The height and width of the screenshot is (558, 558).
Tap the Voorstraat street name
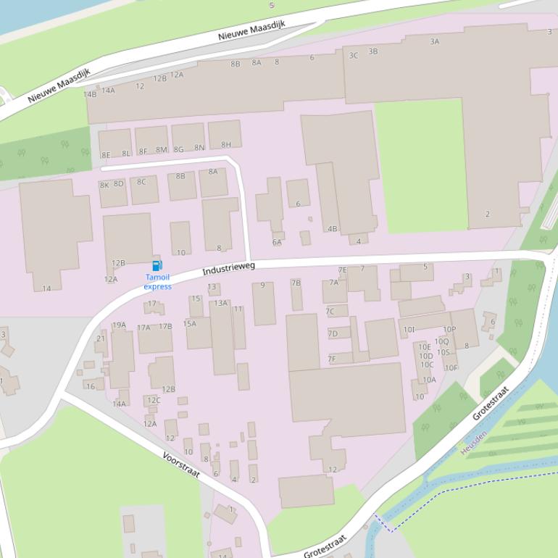181,464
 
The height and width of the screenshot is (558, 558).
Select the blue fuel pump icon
157,266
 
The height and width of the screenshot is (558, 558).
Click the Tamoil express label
158,282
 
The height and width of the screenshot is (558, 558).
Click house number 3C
354,55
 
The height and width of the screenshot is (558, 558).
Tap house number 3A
434,42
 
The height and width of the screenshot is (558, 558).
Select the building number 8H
226,145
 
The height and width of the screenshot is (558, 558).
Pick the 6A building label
277,242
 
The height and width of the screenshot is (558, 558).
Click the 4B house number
332,229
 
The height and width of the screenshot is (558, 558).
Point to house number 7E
342,270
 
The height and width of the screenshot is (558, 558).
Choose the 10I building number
409,330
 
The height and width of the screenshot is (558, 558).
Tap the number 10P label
449,330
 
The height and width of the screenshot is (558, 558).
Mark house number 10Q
441,341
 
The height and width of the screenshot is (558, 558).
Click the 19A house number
119,325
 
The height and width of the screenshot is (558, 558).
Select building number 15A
190,324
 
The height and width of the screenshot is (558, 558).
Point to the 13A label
221,304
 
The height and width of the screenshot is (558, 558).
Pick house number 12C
154,400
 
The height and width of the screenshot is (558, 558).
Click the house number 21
101,338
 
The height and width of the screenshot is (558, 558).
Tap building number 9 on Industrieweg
262,286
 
